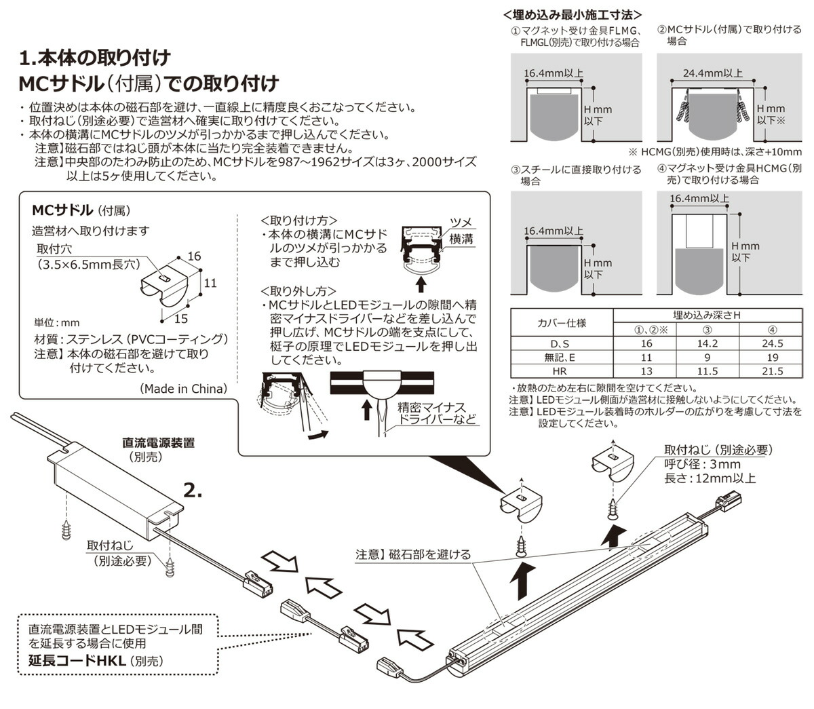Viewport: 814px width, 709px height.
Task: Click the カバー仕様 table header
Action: pyautogui.click(x=562, y=322)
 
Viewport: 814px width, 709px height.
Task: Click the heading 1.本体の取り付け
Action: pyautogui.click(x=94, y=57)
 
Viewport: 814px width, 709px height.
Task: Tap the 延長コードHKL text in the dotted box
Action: pyautogui.click(x=77, y=660)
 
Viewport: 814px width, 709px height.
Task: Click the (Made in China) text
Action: pyautogui.click(x=183, y=389)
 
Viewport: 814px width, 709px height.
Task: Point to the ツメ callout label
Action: pyautogui.click(x=461, y=223)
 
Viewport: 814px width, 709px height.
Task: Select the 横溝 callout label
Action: pyautogui.click(x=461, y=239)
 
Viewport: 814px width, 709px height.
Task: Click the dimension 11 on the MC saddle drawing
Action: pyautogui.click(x=210, y=282)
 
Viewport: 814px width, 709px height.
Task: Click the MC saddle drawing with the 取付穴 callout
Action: pyautogui.click(x=166, y=285)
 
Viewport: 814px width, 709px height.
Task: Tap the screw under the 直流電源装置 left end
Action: pyautogui.click(x=67, y=527)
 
